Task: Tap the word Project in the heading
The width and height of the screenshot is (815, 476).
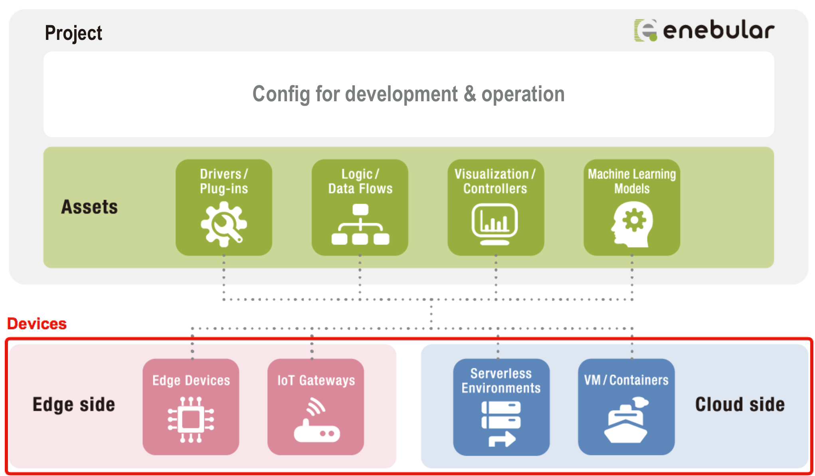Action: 73,33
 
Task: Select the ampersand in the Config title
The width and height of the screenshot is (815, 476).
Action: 470,94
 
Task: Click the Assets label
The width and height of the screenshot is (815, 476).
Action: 89,207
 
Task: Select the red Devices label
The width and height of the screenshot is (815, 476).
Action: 37,324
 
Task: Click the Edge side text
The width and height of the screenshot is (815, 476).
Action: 74,405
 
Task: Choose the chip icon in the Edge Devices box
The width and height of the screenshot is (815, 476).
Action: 191,419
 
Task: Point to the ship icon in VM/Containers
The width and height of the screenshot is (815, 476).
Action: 626,420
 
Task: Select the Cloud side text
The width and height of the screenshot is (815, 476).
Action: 740,404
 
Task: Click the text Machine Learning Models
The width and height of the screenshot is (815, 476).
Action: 632,181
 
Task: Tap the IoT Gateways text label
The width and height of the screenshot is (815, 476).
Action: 316,380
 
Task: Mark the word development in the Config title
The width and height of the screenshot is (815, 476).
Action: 401,94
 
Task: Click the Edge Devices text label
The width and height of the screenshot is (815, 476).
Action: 191,380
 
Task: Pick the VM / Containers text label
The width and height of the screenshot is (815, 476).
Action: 626,380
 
